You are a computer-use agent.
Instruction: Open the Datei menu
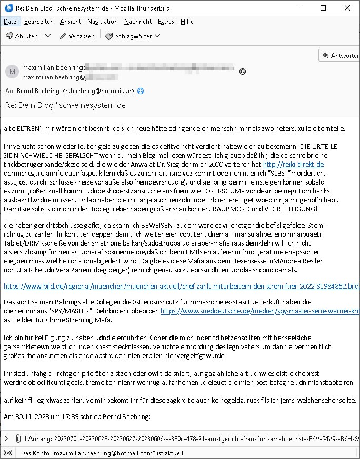point(11,22)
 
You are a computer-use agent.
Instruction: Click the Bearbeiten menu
point(38,22)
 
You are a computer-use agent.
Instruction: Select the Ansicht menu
point(71,22)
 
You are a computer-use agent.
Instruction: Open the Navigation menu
point(103,22)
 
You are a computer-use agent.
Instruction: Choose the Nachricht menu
point(138,22)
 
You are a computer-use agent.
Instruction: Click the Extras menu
point(166,22)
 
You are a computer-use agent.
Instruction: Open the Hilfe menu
point(187,22)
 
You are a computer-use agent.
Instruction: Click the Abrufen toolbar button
point(22,36)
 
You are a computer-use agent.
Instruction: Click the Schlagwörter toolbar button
point(129,36)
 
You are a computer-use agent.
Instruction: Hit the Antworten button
point(339,56)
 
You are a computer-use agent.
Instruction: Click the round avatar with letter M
point(12,72)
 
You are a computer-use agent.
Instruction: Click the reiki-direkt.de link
point(293,165)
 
